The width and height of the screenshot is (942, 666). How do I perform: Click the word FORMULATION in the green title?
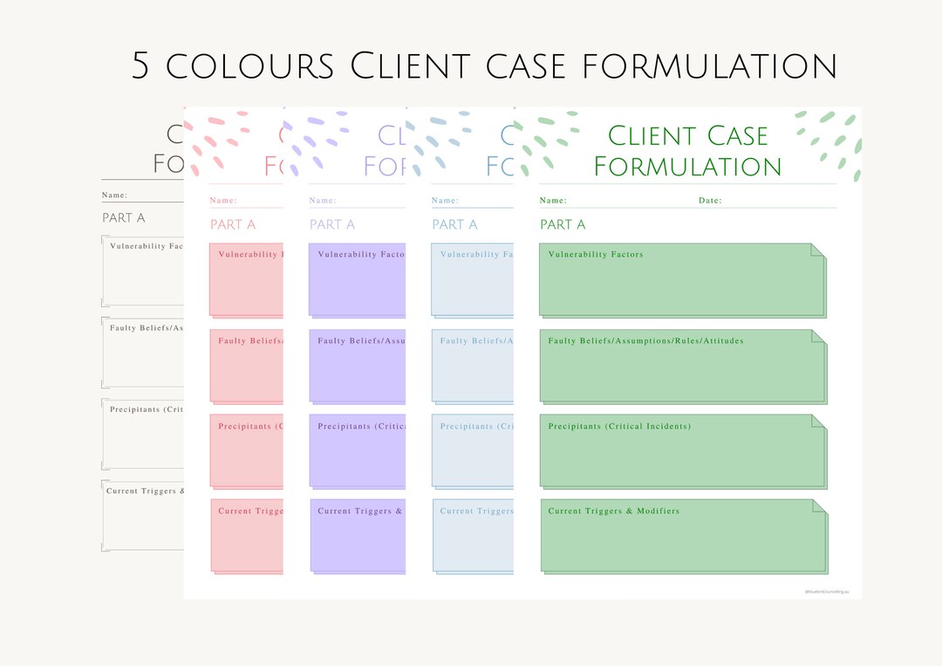[687, 166]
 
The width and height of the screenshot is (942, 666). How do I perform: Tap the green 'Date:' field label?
[710, 201]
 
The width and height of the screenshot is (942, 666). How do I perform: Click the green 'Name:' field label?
[553, 201]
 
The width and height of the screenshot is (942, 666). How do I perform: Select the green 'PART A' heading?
[563, 224]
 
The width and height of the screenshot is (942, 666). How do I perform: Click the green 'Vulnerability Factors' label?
[596, 255]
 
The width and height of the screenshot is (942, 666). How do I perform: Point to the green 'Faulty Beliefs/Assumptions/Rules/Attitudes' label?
[645, 340]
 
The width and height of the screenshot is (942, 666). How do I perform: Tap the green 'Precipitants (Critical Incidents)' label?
[619, 426]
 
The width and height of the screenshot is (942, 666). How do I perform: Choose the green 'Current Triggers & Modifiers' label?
[613, 511]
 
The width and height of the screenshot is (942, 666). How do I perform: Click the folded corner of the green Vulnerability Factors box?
[817, 251]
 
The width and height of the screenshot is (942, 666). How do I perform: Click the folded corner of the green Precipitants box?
[818, 421]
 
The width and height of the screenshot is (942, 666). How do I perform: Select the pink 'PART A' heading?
[233, 224]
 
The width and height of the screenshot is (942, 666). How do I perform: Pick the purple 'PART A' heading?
[332, 224]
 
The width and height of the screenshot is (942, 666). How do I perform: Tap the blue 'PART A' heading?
[454, 224]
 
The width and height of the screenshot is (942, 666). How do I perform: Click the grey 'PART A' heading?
[124, 217]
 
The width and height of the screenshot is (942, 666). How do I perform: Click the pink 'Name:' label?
[223, 201]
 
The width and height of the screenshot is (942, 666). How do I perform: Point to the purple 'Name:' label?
[323, 201]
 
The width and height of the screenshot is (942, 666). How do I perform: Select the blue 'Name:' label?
[445, 201]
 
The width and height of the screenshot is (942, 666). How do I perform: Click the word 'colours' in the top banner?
[249, 66]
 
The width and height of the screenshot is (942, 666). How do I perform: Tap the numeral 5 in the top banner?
[141, 66]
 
